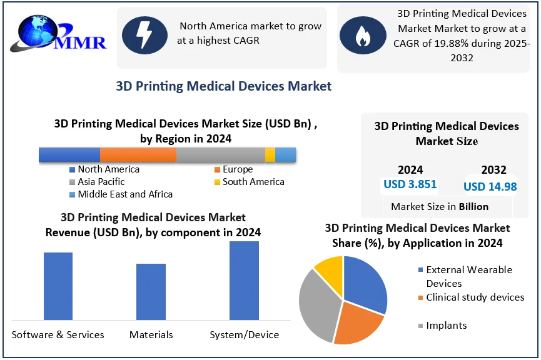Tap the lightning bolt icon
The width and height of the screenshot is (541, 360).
click(x=144, y=35)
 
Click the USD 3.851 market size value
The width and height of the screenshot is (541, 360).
click(x=410, y=184)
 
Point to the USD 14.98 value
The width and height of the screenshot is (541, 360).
click(x=490, y=186)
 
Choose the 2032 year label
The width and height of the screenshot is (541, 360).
click(x=493, y=169)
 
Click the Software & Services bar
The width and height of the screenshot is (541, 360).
click(x=58, y=287)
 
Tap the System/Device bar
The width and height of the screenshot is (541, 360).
click(x=244, y=281)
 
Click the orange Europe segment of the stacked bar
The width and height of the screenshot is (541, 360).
click(x=138, y=155)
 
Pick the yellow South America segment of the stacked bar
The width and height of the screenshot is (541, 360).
click(x=270, y=155)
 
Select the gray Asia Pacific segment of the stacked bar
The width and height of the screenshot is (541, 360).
click(x=220, y=155)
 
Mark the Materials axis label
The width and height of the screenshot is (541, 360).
click(x=151, y=334)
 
